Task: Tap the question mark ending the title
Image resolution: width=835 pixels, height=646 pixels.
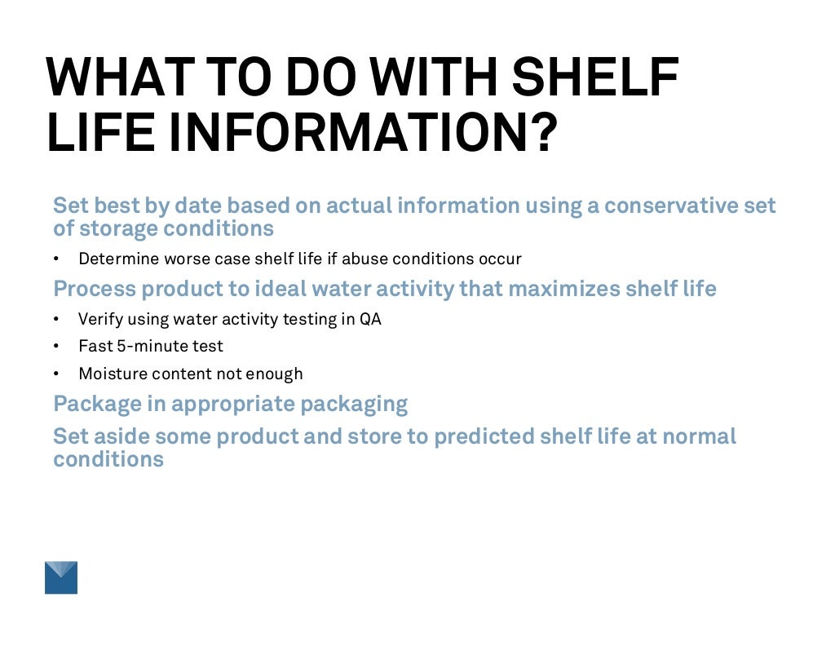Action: pos(540,132)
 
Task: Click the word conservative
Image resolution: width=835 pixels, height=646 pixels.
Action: pos(671,206)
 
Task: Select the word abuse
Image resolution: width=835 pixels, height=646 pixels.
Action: pos(364,259)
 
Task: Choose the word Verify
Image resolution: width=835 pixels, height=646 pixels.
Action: pos(99,320)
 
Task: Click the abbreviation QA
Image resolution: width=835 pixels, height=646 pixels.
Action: pos(370,320)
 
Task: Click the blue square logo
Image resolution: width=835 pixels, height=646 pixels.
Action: pos(61,577)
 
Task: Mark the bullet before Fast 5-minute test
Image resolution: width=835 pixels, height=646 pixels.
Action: pos(57,347)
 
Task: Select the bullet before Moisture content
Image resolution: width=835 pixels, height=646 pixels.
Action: pos(57,374)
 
